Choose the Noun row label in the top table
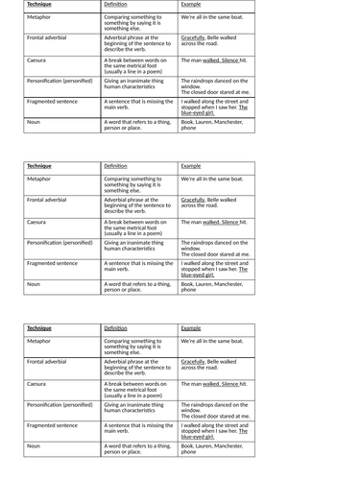click(x=34, y=122)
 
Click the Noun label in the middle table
click(x=34, y=284)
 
